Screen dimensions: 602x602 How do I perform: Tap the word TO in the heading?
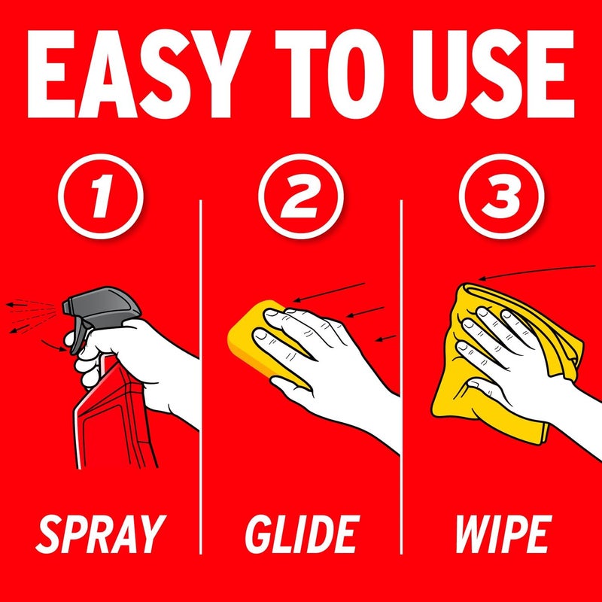[330, 74]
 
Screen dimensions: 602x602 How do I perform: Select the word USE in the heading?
[494, 74]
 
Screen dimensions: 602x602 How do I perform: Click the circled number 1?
[101, 196]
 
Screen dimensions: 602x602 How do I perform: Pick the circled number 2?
[300, 196]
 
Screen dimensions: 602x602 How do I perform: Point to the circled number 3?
[501, 196]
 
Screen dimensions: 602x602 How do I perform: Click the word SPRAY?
[101, 534]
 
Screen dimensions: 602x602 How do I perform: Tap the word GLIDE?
[303, 534]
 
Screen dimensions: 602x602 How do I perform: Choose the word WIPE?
[503, 534]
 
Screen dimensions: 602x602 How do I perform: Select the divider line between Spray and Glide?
[200, 377]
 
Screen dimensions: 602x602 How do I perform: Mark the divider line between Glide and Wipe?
[401, 377]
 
